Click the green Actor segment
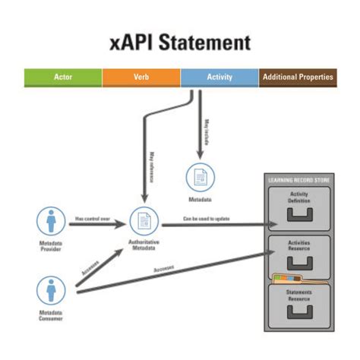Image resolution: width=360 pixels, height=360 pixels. coord(63,77)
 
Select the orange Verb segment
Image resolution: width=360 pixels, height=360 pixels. coord(141,77)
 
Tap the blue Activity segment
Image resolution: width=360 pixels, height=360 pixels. coord(219,77)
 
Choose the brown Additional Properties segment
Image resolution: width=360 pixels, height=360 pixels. coord(297,77)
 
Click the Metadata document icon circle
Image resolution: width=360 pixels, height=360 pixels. coord(201,178)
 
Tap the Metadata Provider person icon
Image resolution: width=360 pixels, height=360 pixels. coord(52,223)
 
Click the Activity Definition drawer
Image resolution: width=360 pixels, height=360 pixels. coord(298,207)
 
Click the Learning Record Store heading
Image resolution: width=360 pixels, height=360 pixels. coord(298,180)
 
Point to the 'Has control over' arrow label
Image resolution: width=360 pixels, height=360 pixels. coord(93,217)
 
